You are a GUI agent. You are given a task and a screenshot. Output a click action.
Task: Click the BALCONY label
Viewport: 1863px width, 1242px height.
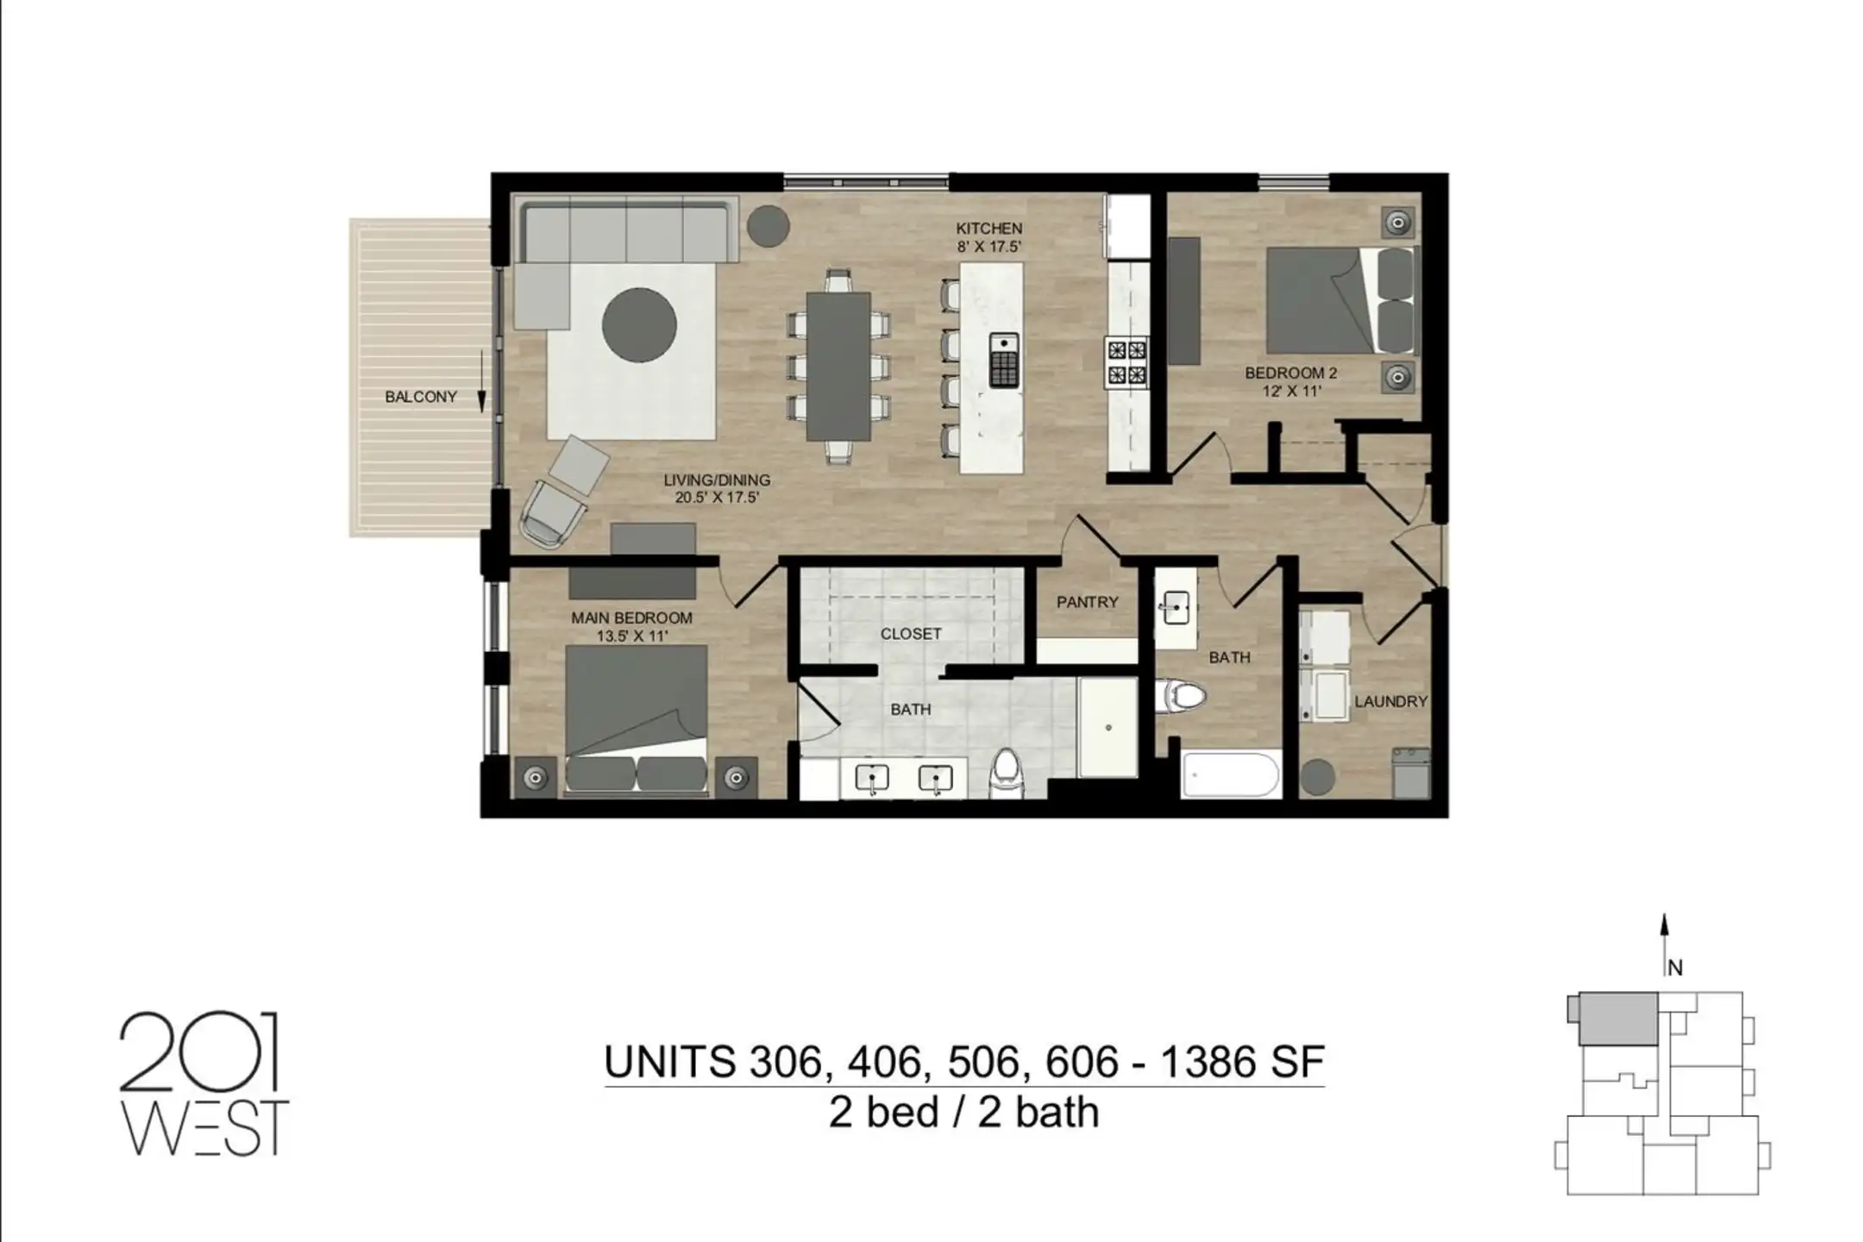[420, 398]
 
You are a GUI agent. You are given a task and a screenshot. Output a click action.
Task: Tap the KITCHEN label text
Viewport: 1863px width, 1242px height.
[988, 229]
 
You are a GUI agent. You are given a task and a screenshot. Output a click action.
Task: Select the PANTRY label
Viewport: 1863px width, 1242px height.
[1087, 602]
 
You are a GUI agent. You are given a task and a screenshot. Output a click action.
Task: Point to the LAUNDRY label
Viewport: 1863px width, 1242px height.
[1390, 701]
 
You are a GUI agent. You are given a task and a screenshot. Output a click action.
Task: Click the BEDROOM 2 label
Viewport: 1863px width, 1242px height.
[1290, 373]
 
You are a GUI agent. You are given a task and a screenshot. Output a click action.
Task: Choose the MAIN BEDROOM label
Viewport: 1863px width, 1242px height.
[631, 618]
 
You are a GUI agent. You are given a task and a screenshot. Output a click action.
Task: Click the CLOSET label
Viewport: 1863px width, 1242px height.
[911, 634]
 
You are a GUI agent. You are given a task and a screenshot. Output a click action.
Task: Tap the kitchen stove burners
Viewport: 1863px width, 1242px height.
[1127, 362]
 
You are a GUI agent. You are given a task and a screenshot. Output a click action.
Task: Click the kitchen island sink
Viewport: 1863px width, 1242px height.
[1003, 360]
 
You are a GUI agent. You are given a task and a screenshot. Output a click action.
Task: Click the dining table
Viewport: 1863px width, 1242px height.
[838, 366]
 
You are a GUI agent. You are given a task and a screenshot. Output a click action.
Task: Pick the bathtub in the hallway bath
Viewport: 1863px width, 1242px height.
[1231, 775]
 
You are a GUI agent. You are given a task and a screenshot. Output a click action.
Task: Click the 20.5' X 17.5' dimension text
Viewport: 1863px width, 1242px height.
[717, 498]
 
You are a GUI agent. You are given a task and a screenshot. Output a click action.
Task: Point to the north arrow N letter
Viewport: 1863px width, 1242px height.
[1675, 968]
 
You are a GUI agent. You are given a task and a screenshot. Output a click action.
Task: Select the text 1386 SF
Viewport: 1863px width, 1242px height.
[1241, 1062]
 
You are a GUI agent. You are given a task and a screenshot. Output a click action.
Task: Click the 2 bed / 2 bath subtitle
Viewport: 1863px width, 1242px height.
[963, 1113]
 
